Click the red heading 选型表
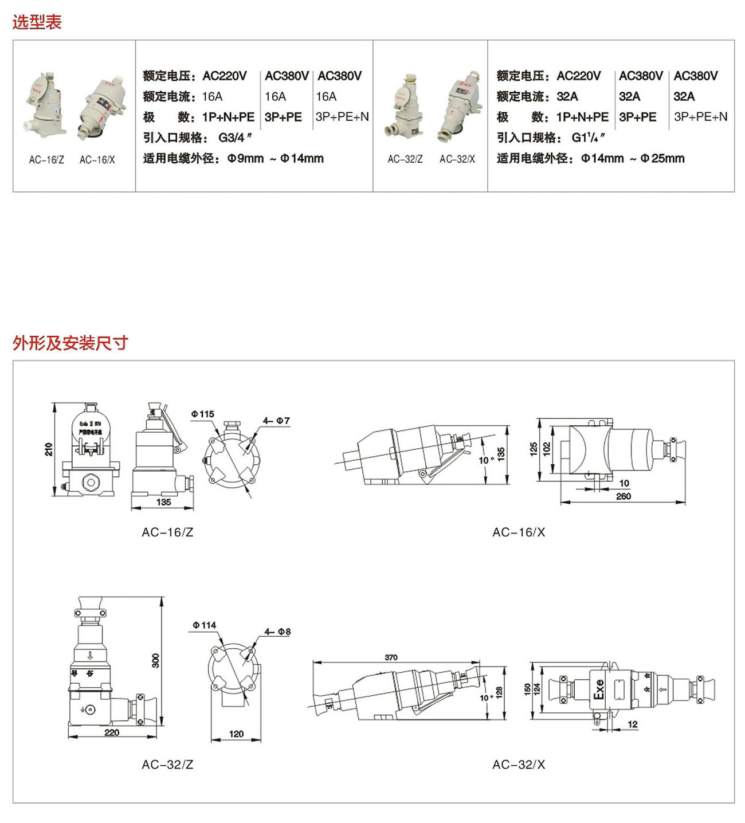[37, 22]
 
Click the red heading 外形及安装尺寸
[70, 343]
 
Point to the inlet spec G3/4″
[235, 138]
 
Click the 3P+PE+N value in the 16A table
[342, 117]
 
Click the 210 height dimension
[49, 449]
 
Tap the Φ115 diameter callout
[203, 414]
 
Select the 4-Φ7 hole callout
[276, 421]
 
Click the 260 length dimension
[624, 496]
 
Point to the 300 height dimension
[156, 660]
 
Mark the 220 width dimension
[112, 732]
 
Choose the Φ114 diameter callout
[205, 625]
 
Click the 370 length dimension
[391, 657]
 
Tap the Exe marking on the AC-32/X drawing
[599, 689]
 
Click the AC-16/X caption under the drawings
[519, 532]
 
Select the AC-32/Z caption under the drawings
[167, 765]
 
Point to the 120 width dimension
[236, 734]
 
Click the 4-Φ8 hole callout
[277, 632]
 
